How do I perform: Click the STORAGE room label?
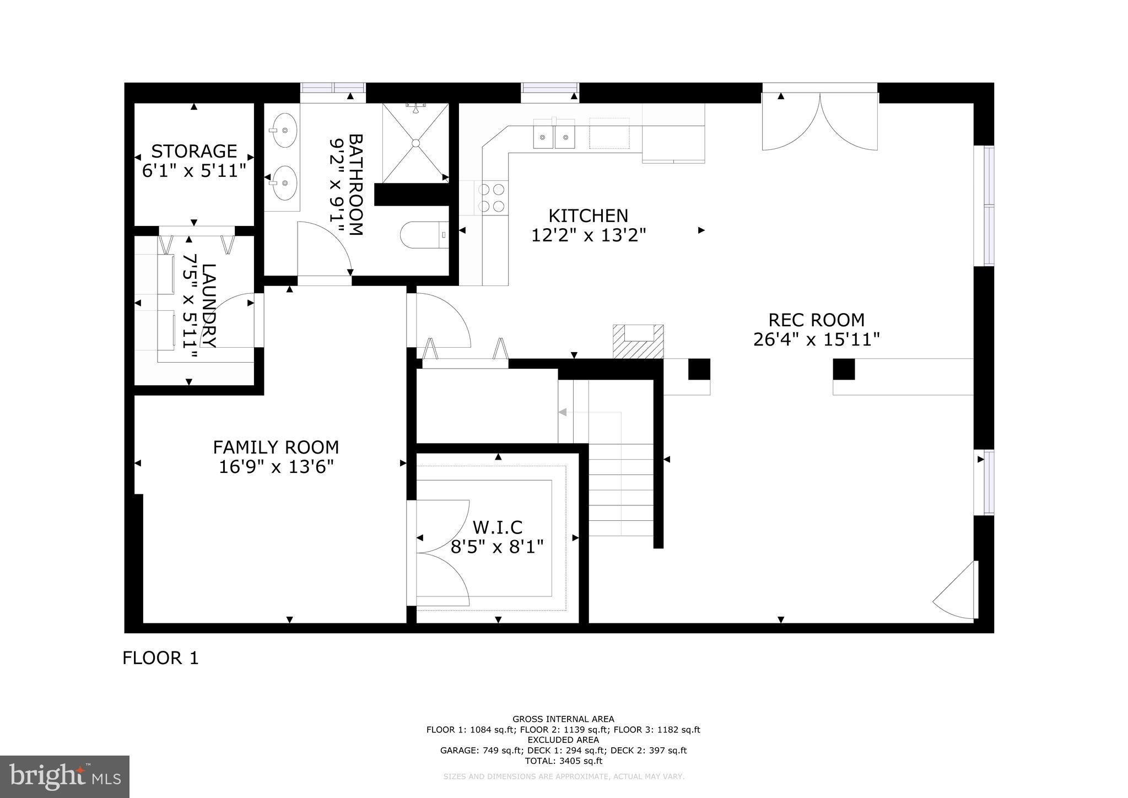[194, 151]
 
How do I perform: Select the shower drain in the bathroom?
[416, 143]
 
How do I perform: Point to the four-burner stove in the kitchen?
[492, 198]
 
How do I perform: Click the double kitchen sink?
[553, 135]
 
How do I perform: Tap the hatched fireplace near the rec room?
[638, 342]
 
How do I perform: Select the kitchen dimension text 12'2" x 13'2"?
[588, 236]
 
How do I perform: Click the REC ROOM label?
[816, 320]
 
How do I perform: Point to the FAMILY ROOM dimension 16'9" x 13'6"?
[276, 467]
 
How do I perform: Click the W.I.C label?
[497, 527]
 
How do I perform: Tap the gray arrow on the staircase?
[563, 412]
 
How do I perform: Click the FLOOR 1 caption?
[160, 658]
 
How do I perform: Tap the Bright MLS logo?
[64, 777]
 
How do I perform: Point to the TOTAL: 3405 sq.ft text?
[563, 761]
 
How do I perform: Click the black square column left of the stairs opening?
[699, 369]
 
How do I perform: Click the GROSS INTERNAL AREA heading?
[563, 719]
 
